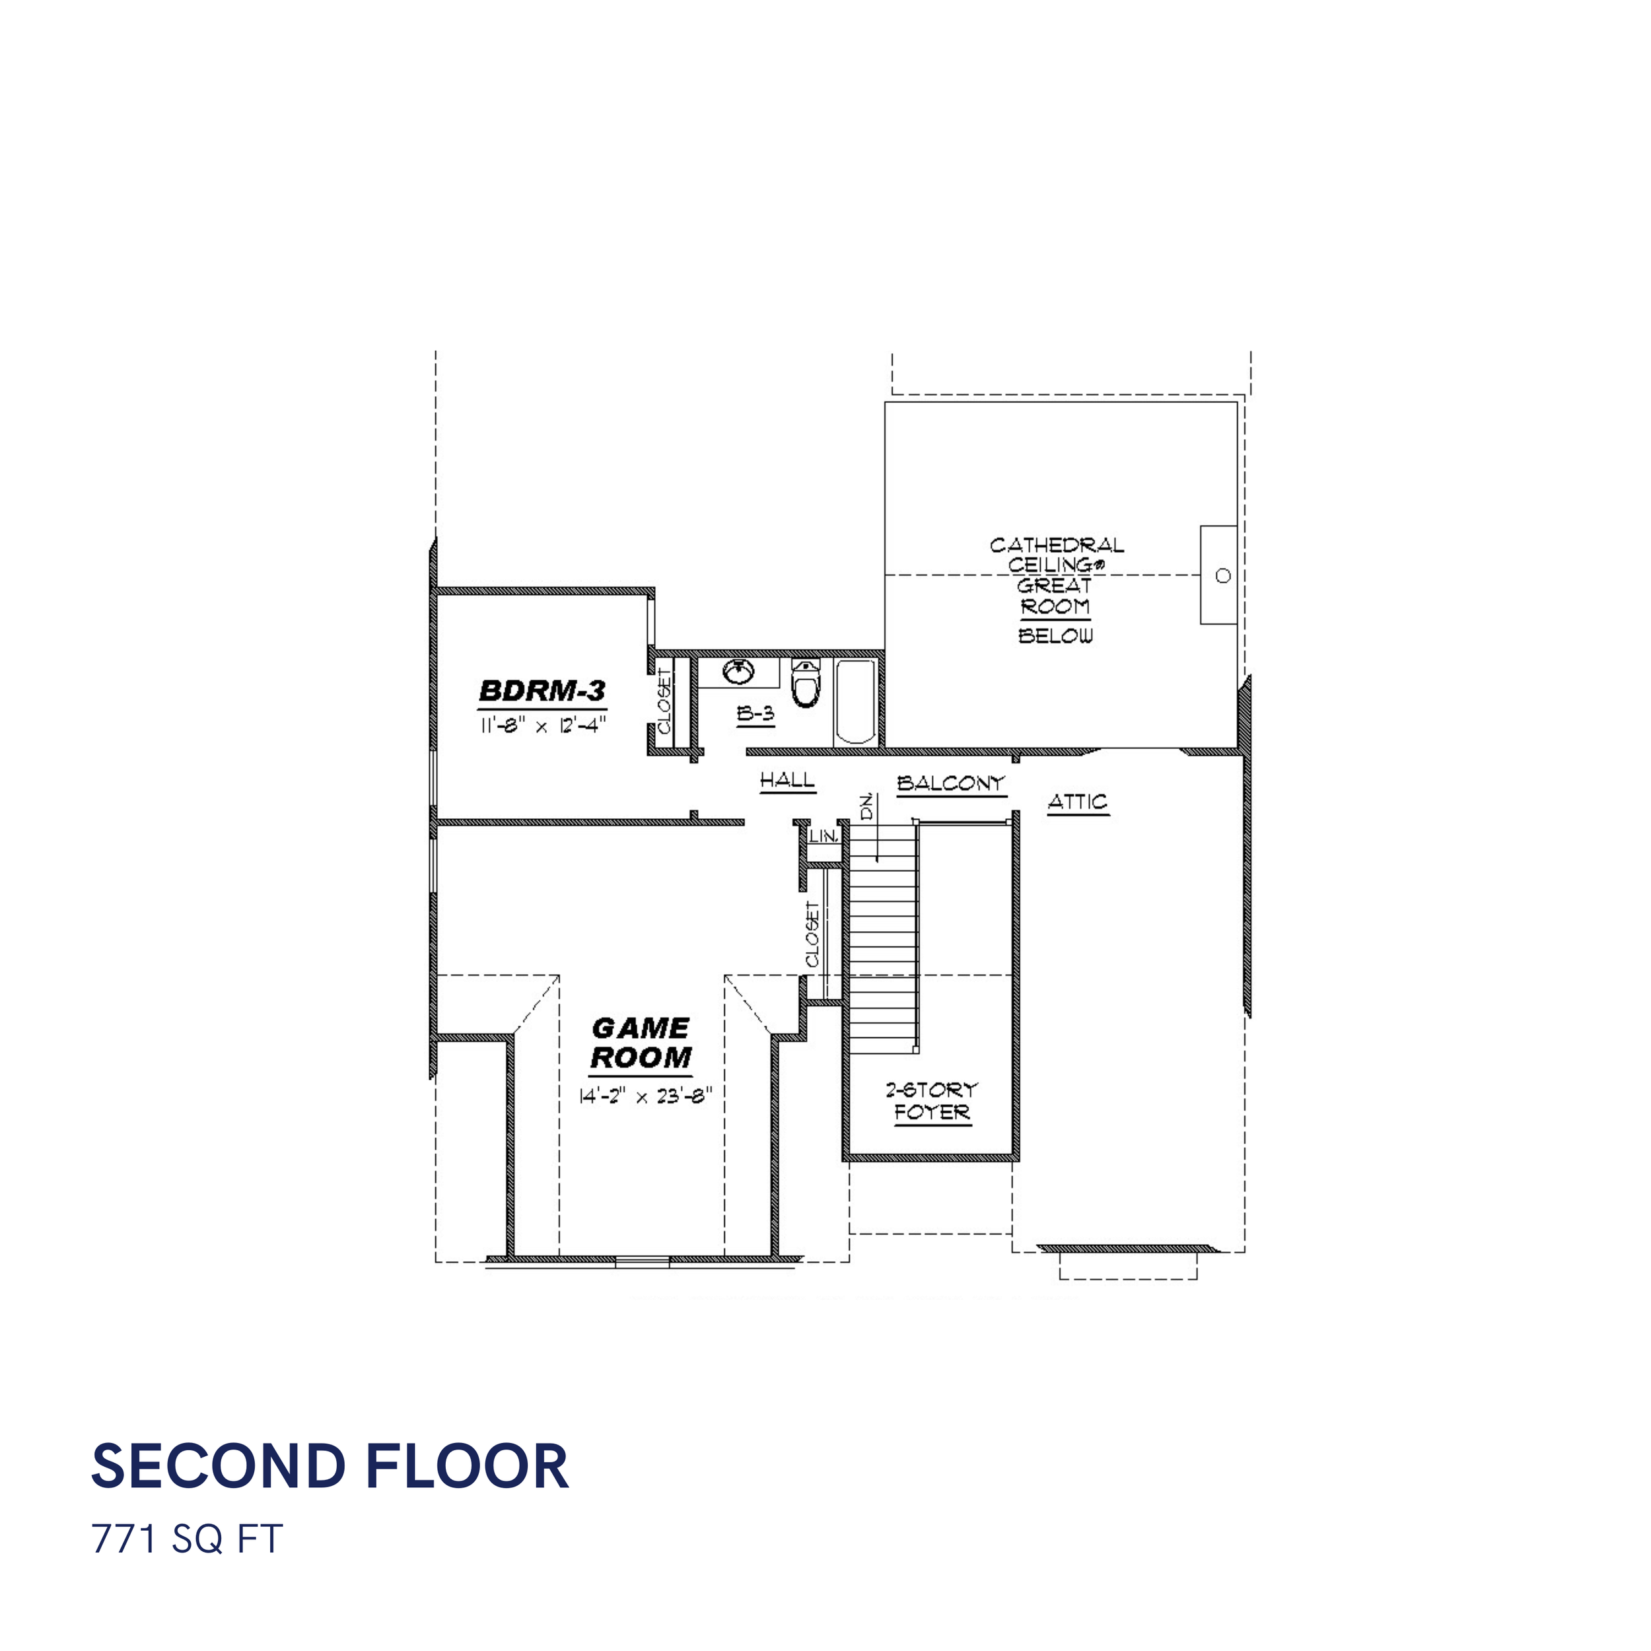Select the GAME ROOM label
[x=641, y=1043]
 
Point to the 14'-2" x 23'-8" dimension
[x=645, y=1096]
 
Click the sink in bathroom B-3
[x=738, y=672]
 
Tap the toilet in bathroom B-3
[x=806, y=682]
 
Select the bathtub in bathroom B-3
[x=855, y=701]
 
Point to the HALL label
[x=787, y=779]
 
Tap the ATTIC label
[x=1078, y=802]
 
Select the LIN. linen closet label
[x=824, y=837]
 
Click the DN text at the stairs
[x=867, y=807]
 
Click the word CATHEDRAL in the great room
[x=1057, y=545]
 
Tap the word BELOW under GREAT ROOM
[x=1056, y=636]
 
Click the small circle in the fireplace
[x=1223, y=576]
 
